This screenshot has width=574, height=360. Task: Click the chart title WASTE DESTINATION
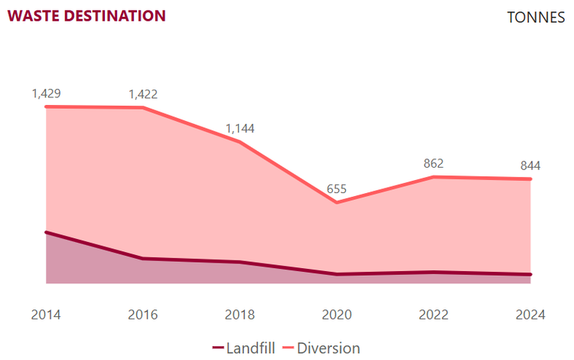86,15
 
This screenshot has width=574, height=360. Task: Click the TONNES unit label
536,18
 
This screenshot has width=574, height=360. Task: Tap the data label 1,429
46,93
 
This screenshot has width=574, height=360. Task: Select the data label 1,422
143,94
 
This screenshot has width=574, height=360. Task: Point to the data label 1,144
240,129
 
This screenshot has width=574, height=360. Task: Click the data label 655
337,188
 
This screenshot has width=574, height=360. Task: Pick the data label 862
433,163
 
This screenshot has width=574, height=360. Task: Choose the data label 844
530,165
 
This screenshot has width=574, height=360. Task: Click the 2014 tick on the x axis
46,315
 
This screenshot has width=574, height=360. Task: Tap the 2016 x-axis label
143,315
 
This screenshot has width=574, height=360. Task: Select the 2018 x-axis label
240,315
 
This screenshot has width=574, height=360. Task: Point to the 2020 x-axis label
337,315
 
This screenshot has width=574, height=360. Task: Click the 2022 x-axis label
433,315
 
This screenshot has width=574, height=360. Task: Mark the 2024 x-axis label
530,315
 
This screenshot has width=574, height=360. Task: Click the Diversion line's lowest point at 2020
337,202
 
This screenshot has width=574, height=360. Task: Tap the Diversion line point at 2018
240,142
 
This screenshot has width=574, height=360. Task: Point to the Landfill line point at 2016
143,259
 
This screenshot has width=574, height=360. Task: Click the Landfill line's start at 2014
46,232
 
